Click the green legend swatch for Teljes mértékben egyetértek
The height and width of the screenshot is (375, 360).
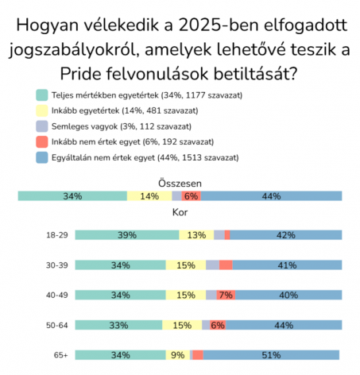pyautogui.click(x=42, y=95)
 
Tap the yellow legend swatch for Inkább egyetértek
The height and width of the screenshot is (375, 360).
pyautogui.click(x=42, y=110)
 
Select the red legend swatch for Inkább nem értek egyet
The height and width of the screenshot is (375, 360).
pyautogui.click(x=42, y=142)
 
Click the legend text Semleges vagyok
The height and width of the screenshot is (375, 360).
pyautogui.click(x=84, y=126)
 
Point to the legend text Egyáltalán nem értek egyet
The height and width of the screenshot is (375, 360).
pyautogui.click(x=103, y=157)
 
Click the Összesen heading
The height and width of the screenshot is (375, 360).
pyautogui.click(x=180, y=184)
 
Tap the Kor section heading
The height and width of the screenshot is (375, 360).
pyautogui.click(x=180, y=212)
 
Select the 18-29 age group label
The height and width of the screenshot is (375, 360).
pyautogui.click(x=57, y=235)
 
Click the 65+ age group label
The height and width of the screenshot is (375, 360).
pyautogui.click(x=61, y=355)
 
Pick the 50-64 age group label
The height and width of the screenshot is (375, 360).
pyautogui.click(x=57, y=325)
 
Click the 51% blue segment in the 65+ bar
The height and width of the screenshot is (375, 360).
pyautogui.click(x=271, y=355)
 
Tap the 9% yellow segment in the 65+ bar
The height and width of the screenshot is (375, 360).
pyautogui.click(x=178, y=355)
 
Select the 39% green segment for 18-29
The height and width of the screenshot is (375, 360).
pyautogui.click(x=127, y=235)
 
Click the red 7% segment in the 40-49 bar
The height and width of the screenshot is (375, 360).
pyautogui.click(x=226, y=295)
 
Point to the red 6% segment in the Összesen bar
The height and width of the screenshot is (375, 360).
pyautogui.click(x=191, y=196)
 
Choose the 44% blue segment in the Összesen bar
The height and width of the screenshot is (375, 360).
pyautogui.click(x=271, y=196)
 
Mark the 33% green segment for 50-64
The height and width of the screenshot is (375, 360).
pyautogui.click(x=118, y=325)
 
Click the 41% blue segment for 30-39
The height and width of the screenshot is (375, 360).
pyautogui.click(x=287, y=265)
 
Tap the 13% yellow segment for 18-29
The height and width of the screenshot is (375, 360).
pyautogui.click(x=196, y=235)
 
